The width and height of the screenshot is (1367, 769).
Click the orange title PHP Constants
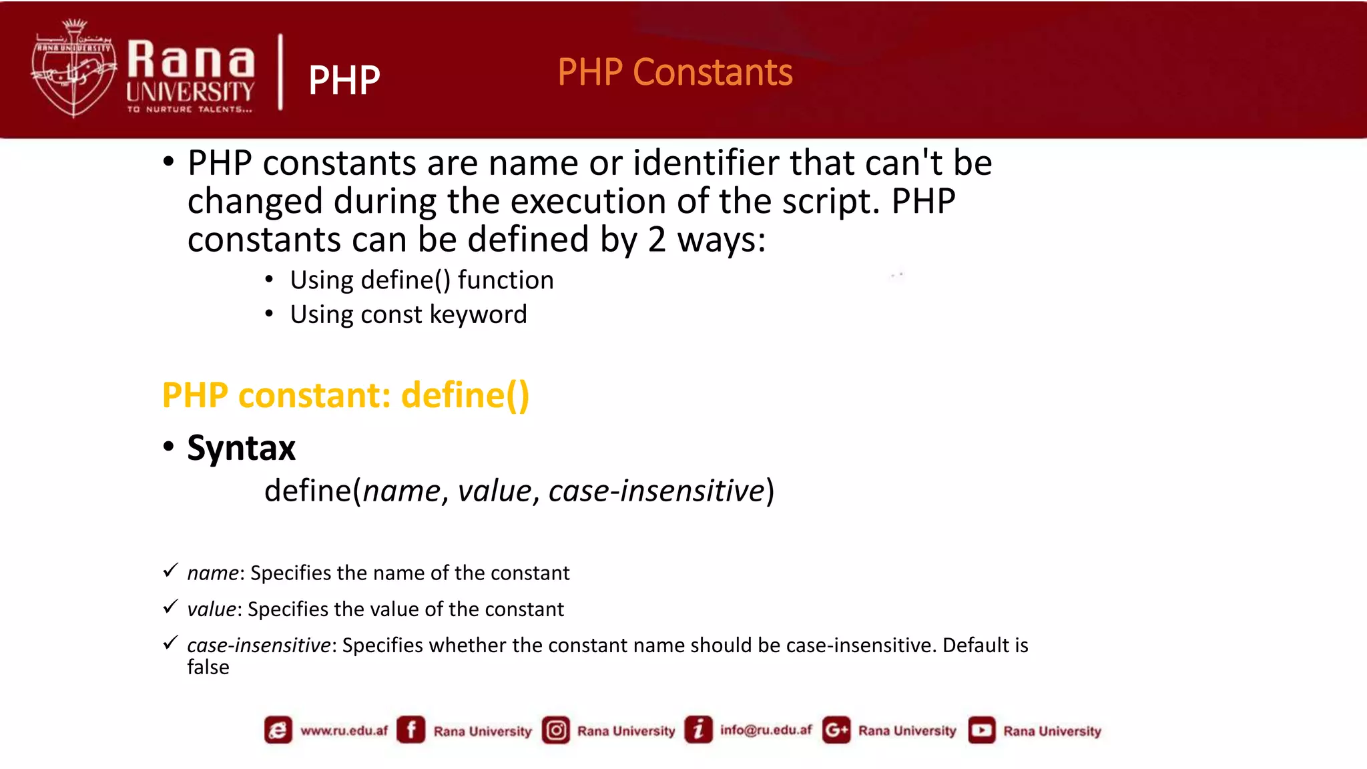pyautogui.click(x=675, y=72)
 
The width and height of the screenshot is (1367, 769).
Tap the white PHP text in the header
pyautogui.click(x=344, y=80)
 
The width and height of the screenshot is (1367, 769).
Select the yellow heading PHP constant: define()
pyautogui.click(x=346, y=395)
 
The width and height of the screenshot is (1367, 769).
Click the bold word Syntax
pyautogui.click(x=241, y=448)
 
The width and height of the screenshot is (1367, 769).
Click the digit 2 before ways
pyautogui.click(x=657, y=240)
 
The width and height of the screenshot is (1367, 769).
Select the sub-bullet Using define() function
pyautogui.click(x=421, y=280)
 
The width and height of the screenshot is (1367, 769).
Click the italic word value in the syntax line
pyautogui.click(x=495, y=491)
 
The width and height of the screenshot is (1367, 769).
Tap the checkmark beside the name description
pyautogui.click(x=171, y=571)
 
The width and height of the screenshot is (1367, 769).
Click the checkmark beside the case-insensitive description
pyautogui.click(x=171, y=643)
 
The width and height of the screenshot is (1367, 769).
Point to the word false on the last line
pyautogui.click(x=208, y=668)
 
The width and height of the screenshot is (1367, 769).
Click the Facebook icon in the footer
pyautogui.click(x=411, y=730)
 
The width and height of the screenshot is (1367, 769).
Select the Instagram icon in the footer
pyautogui.click(x=556, y=730)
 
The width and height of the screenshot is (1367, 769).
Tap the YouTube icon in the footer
pyautogui.click(x=981, y=730)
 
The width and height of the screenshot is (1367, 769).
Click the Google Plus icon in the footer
pyautogui.click(x=836, y=730)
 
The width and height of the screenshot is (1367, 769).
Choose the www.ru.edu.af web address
pyautogui.click(x=344, y=730)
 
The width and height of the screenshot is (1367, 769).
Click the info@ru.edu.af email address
pyautogui.click(x=766, y=730)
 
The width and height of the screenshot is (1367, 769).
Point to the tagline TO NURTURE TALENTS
pyautogui.click(x=190, y=109)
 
